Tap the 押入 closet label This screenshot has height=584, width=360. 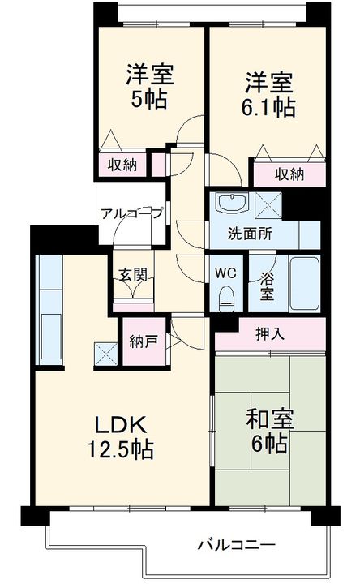tap(270, 332)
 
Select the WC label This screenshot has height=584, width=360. tap(226, 273)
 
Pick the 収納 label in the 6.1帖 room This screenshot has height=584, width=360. tap(289, 173)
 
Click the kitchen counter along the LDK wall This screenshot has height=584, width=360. tap(49, 312)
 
